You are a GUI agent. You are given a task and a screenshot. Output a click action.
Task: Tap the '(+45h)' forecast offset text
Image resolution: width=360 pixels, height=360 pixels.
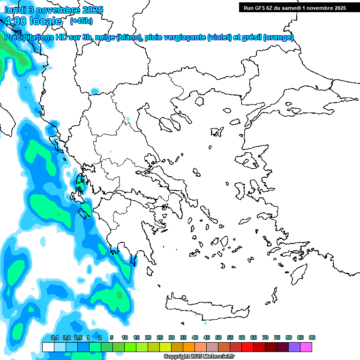click(81, 21)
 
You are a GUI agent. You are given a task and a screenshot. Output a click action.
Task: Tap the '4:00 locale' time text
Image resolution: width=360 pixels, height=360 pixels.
click(32, 21)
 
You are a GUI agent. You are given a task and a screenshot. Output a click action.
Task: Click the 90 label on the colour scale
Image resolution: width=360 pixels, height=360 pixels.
click(312, 337)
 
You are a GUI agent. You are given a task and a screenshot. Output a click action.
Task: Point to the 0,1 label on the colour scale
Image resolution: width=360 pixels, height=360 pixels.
click(54, 337)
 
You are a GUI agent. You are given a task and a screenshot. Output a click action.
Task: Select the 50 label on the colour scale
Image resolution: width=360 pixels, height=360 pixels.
click(218, 337)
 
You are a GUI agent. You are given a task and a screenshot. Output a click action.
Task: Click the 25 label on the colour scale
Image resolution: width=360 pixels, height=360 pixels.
click(160, 337)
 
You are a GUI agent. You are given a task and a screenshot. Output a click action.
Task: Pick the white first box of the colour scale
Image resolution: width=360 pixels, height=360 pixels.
click(48, 347)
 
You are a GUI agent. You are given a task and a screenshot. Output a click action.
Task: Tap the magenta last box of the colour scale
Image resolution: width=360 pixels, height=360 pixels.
click(306, 347)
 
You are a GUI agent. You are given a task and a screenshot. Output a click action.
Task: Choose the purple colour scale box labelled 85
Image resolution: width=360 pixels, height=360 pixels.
click(294, 347)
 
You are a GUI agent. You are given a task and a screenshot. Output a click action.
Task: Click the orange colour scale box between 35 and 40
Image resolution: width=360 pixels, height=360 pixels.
click(189, 347)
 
